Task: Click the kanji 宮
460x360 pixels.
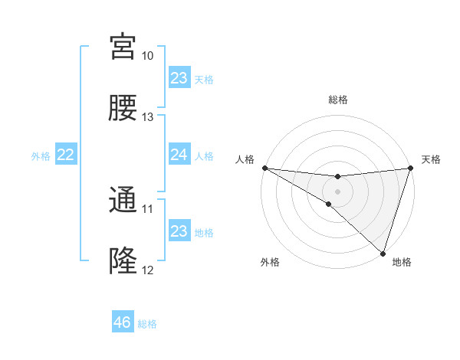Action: [123, 47]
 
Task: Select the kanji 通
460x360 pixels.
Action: [123, 200]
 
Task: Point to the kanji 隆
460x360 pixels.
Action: [123, 260]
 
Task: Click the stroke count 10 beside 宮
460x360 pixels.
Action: [147, 56]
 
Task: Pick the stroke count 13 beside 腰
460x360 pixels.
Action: [147, 116]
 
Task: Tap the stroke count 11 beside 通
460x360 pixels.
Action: [147, 208]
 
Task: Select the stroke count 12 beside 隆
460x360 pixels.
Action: [147, 270]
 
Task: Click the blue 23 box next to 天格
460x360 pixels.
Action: [179, 78]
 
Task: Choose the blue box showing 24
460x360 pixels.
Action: [179, 155]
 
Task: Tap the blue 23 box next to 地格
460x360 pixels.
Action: [179, 231]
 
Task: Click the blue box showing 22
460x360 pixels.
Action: [66, 155]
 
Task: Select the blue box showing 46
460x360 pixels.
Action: [123, 322]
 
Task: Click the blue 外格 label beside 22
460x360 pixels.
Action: [41, 156]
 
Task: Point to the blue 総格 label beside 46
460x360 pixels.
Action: [148, 324]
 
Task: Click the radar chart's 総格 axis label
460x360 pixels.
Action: [338, 100]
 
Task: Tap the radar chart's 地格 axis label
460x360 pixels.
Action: [402, 263]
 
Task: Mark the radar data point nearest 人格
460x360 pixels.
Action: [264, 167]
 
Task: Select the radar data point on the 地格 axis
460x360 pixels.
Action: [383, 253]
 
